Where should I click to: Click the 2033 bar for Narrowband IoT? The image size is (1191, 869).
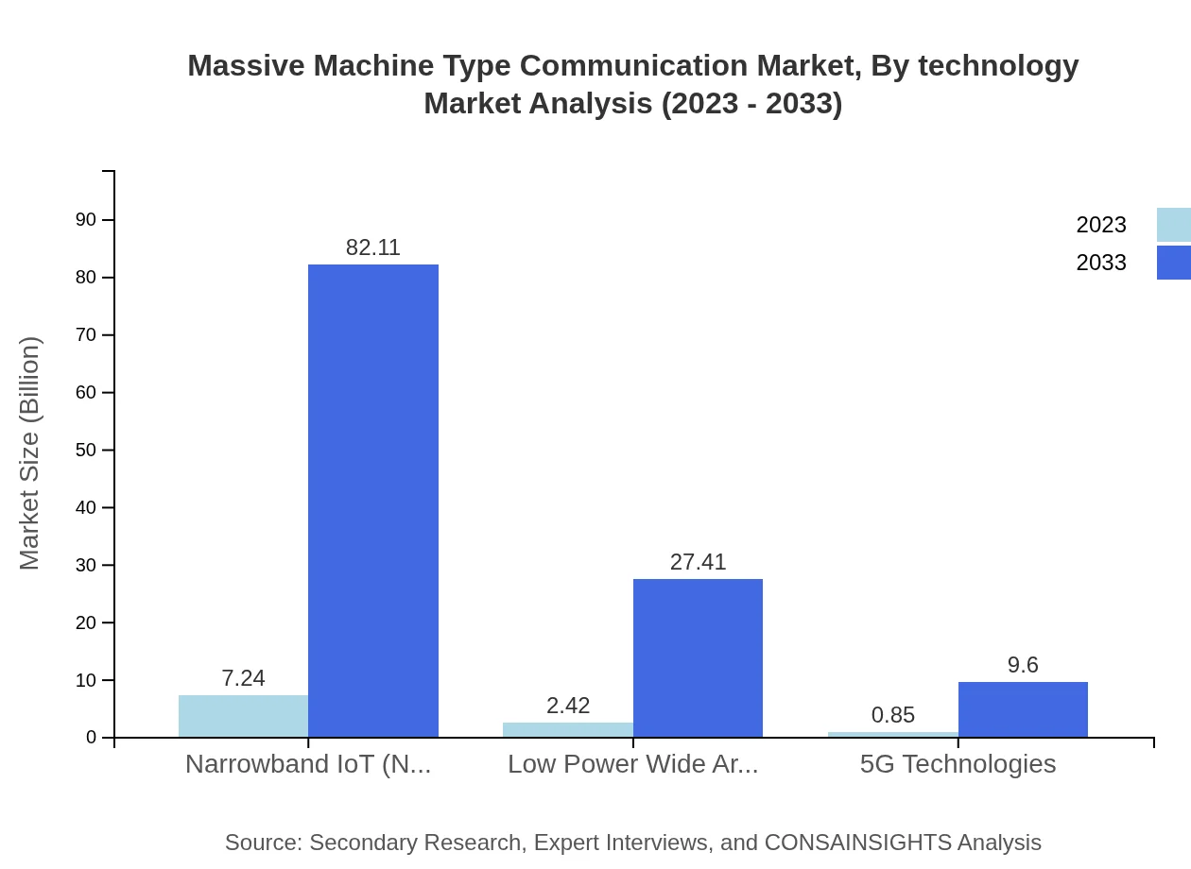point(373,501)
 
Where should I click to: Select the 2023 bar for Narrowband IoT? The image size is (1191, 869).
point(243,716)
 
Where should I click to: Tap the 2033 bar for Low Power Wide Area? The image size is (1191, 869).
point(698,657)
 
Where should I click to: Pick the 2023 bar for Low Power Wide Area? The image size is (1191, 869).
point(568,729)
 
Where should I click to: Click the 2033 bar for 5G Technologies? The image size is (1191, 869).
point(1023,709)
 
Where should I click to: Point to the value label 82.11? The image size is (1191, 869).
point(373,247)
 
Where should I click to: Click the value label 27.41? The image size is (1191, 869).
point(698,562)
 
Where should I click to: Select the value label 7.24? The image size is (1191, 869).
point(243,678)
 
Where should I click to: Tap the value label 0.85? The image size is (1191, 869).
point(893,715)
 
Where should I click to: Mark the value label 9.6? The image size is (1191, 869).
point(1023,665)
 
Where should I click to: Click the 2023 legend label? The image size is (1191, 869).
point(1101,225)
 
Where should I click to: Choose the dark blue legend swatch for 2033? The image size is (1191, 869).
point(1174,263)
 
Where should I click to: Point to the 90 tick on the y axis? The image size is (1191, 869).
point(86,219)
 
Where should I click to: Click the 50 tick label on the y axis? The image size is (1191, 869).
point(86,450)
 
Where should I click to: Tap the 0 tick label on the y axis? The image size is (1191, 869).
point(92,737)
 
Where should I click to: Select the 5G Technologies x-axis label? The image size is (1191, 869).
point(958,763)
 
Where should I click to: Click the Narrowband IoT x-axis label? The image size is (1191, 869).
point(308,763)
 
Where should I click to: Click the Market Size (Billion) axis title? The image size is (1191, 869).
point(29,453)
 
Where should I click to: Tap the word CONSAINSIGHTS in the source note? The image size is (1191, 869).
point(857,842)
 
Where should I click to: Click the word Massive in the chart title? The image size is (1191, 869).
point(246,65)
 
